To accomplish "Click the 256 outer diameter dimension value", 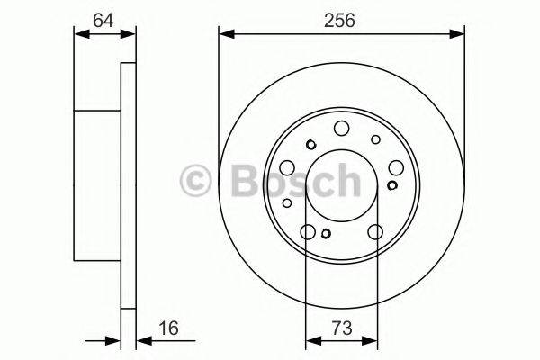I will pos(342,19).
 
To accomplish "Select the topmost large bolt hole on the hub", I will pos(341,129).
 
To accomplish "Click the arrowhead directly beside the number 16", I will pos(143,340).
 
